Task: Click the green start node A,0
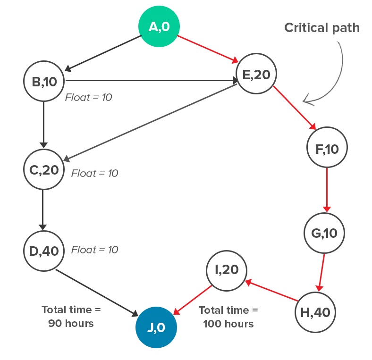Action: point(159,27)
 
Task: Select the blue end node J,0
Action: point(156,327)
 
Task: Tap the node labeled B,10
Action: point(44,81)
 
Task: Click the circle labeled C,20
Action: point(44,169)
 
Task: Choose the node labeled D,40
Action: point(44,250)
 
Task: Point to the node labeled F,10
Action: point(327,149)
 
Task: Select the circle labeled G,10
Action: point(324,233)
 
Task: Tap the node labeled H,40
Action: point(315,312)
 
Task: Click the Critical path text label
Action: point(321,28)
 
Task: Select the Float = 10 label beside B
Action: point(88,98)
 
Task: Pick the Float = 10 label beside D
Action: point(94,250)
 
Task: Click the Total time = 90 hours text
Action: point(71,317)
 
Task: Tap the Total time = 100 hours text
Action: point(228,317)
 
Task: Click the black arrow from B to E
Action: point(151,81)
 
